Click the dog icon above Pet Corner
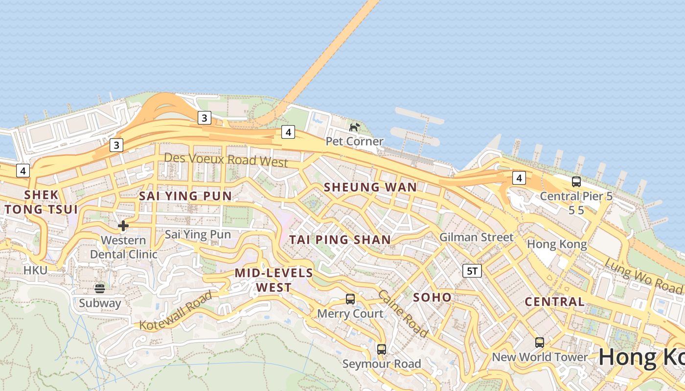click(x=355, y=127)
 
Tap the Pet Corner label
click(x=355, y=141)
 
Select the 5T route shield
click(x=472, y=271)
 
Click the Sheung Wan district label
click(x=370, y=187)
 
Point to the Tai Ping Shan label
click(x=340, y=239)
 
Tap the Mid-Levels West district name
click(x=274, y=280)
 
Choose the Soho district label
click(x=433, y=297)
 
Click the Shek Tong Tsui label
click(x=41, y=202)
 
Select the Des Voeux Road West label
click(x=226, y=159)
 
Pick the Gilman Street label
click(x=477, y=237)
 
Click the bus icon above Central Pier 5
click(x=576, y=182)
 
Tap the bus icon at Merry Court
click(x=350, y=299)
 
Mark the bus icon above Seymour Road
click(x=382, y=349)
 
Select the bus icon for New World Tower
click(x=540, y=342)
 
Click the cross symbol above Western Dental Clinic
click(x=123, y=225)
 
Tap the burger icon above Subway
click(x=100, y=288)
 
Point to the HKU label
click(x=35, y=270)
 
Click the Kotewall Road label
click(x=176, y=311)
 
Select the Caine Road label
click(x=403, y=313)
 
